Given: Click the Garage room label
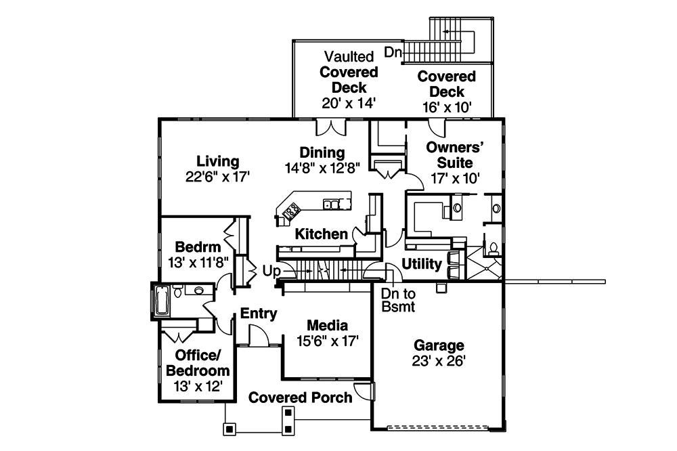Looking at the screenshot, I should pyautogui.click(x=437, y=345).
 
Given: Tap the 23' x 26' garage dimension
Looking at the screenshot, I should pyautogui.click(x=437, y=361).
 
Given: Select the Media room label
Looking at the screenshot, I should pyautogui.click(x=328, y=324).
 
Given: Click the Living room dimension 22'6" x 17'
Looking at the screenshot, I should pyautogui.click(x=218, y=177).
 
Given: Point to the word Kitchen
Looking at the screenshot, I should pyautogui.click(x=321, y=234).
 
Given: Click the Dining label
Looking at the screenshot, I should pyautogui.click(x=323, y=152).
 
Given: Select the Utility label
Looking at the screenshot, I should pyautogui.click(x=422, y=263).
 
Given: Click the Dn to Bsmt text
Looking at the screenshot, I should pyautogui.click(x=397, y=300).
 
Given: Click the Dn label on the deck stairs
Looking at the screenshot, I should pyautogui.click(x=393, y=51).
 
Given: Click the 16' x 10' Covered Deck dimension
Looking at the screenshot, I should pyautogui.click(x=446, y=106).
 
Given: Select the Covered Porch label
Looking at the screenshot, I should pyautogui.click(x=300, y=398).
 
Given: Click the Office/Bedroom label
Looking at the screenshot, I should pyautogui.click(x=198, y=363).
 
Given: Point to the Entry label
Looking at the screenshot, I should pyautogui.click(x=259, y=314).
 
